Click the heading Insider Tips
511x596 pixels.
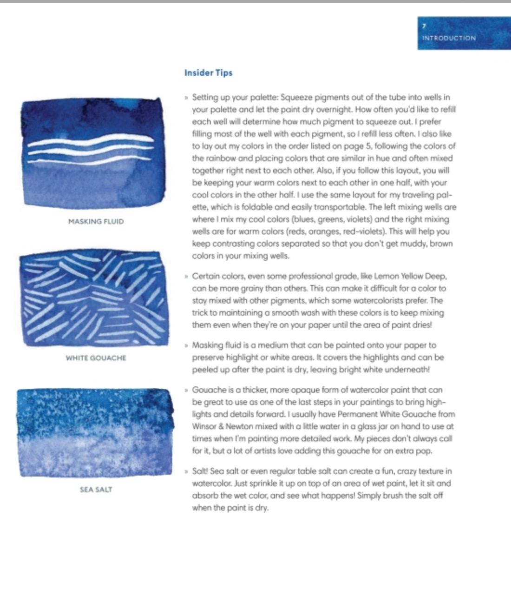point(208,73)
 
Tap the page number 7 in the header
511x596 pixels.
point(424,26)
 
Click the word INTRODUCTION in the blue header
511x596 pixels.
point(449,38)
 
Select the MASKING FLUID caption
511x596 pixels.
point(96,221)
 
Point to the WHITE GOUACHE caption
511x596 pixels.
point(96,358)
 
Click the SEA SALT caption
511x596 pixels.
point(96,490)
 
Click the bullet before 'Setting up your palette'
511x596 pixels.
point(186,98)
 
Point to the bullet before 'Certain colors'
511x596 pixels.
point(186,277)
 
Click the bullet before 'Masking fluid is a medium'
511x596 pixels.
point(186,345)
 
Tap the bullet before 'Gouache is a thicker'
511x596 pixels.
point(186,390)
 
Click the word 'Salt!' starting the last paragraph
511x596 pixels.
point(200,471)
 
